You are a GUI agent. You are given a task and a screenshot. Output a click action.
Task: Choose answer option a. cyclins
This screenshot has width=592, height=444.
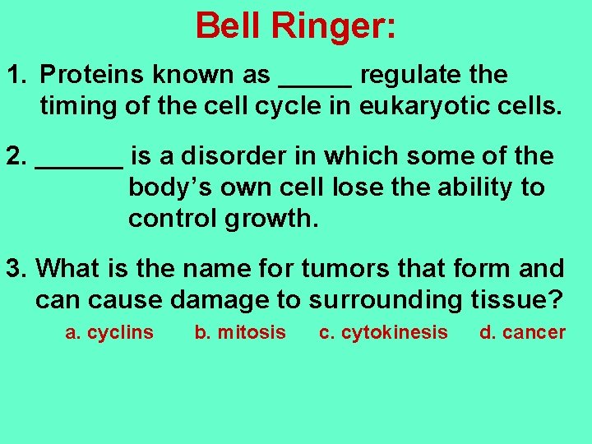(x=109, y=333)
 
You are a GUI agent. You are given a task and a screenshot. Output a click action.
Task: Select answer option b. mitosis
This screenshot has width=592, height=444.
(x=240, y=333)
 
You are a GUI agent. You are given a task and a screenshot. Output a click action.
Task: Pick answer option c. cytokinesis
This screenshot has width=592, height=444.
(x=383, y=333)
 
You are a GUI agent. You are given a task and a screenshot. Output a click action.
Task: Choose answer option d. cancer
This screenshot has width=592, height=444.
(x=523, y=333)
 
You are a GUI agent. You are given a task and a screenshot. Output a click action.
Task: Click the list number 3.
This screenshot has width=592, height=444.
(x=13, y=268)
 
